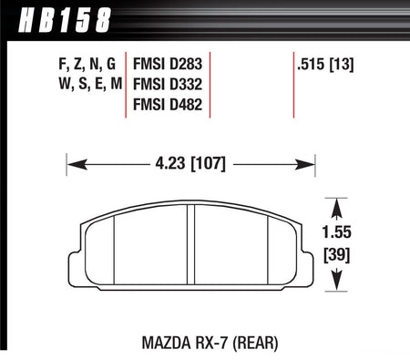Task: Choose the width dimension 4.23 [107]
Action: pos(189,166)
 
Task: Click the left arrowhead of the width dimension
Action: pos(73,166)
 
